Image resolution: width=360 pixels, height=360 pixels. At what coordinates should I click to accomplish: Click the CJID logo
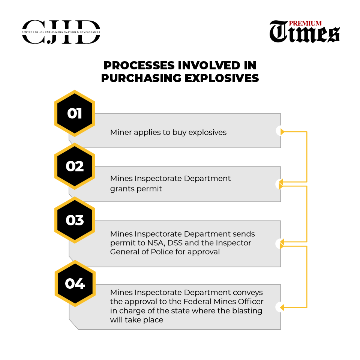coord(61,32)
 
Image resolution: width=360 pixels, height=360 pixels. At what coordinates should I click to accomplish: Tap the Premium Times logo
coord(304,32)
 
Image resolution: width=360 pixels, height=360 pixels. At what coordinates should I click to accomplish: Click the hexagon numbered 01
coord(75,113)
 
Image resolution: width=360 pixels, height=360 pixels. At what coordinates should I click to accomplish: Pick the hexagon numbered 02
coord(75,166)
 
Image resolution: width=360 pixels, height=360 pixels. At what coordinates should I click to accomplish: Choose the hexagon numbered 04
coord(75,283)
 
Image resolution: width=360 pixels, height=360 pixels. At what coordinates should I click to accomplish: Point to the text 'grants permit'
coord(136,189)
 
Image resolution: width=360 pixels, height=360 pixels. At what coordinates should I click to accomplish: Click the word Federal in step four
coord(206,301)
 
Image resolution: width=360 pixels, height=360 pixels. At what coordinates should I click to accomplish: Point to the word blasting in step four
coord(248,311)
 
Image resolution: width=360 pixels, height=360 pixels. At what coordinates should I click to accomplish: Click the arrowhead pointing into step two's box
coord(281,183)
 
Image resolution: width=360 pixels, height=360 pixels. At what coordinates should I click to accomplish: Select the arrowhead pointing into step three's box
coord(281,243)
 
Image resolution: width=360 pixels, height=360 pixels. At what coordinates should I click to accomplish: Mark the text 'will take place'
coord(136,320)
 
